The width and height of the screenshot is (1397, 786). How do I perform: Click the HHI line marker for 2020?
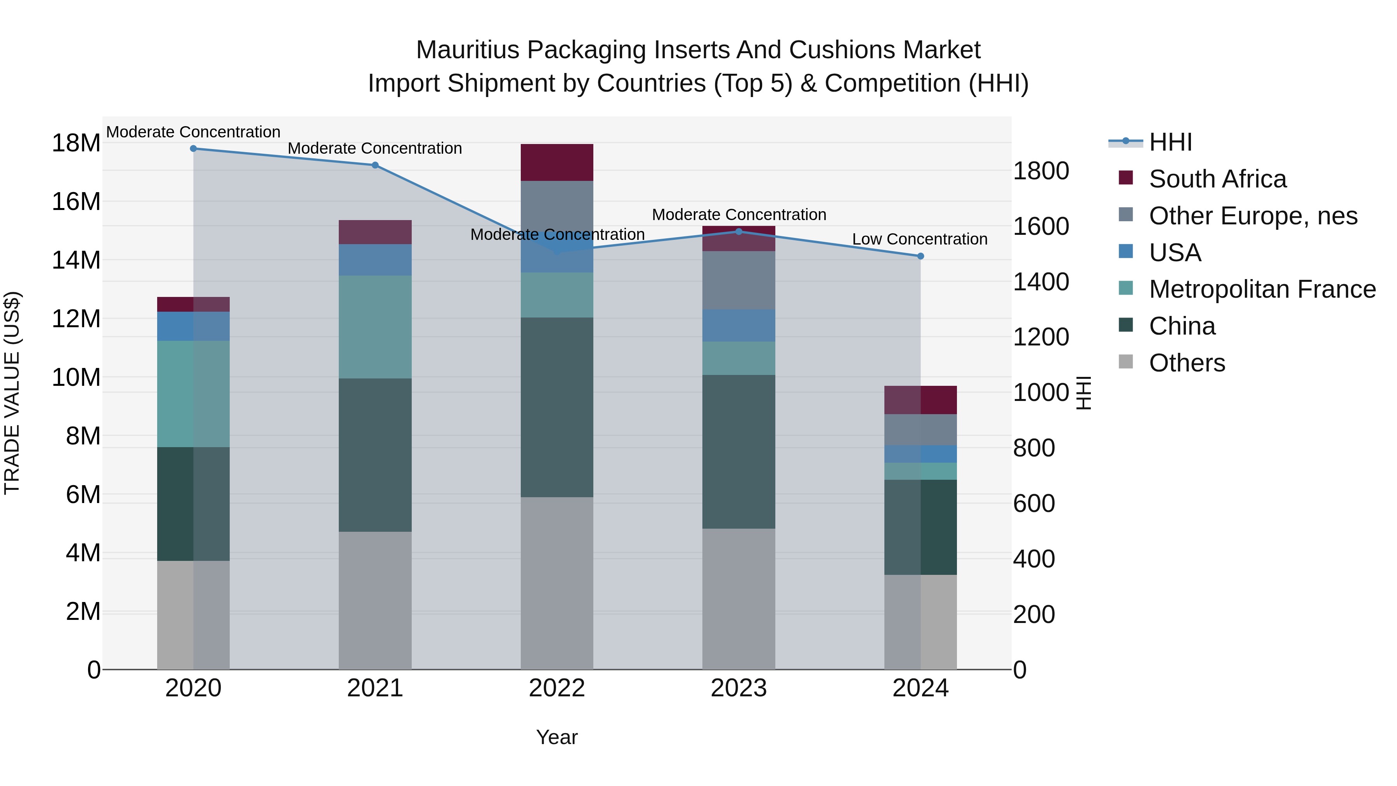pyautogui.click(x=193, y=149)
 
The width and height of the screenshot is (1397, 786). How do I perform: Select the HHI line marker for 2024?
pyautogui.click(x=920, y=256)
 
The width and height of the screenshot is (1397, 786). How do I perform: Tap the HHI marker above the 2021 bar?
pyautogui.click(x=375, y=165)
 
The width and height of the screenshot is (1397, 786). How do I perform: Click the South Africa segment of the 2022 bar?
pyautogui.click(x=557, y=162)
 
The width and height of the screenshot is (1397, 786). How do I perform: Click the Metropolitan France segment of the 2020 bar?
pyautogui.click(x=193, y=394)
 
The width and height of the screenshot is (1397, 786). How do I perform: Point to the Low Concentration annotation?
pyautogui.click(x=919, y=239)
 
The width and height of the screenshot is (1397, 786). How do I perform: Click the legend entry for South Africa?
pyautogui.click(x=1217, y=179)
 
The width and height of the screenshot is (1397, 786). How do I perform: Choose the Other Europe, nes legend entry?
pyautogui.click(x=1253, y=216)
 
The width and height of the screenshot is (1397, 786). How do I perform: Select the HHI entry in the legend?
pyautogui.click(x=1170, y=142)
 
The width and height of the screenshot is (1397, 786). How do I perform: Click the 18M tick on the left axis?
pyautogui.click(x=76, y=144)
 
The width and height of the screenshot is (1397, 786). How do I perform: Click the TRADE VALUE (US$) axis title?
pyautogui.click(x=12, y=393)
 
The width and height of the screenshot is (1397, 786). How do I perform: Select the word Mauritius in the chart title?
pyautogui.click(x=468, y=50)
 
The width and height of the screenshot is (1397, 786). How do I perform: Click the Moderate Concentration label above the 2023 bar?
pyautogui.click(x=738, y=215)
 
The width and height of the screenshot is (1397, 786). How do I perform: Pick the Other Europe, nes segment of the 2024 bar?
pyautogui.click(x=920, y=430)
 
